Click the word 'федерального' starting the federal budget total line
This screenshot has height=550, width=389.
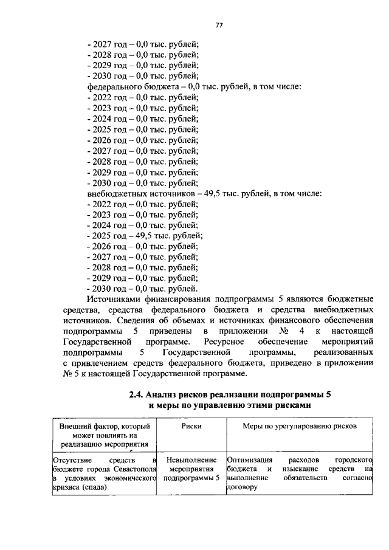pyautogui.click(x=113, y=87)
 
